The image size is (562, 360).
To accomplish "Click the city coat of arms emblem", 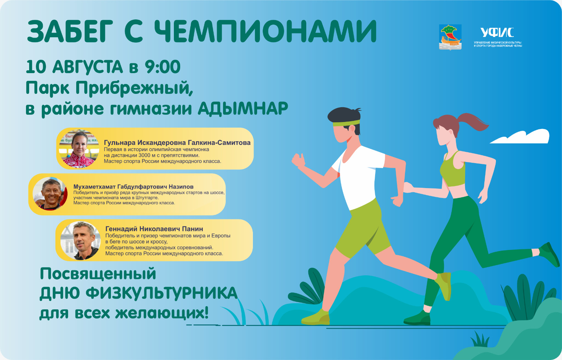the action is coord(450,37).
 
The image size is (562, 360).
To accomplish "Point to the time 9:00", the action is coord(163,67).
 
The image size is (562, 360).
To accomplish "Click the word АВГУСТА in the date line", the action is coord(87,67).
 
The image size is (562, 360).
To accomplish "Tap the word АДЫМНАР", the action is coord(243,109).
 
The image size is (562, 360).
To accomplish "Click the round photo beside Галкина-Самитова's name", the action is coord(79,149).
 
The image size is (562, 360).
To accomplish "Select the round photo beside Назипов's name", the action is coord(50,194).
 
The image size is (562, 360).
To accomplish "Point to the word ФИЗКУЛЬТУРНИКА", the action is coord(162,293).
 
